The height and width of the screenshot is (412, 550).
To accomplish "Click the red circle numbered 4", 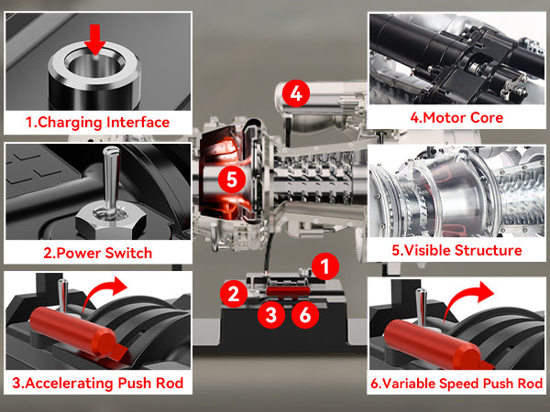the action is (x=296, y=93).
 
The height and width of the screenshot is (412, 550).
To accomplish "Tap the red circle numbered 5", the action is (x=232, y=179).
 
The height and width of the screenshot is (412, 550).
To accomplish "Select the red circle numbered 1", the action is (x=325, y=266).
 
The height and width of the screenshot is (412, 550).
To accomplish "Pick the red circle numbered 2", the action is (x=234, y=294).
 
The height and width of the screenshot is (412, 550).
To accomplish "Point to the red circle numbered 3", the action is (x=271, y=315).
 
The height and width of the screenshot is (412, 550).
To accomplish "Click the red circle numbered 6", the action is (x=305, y=315).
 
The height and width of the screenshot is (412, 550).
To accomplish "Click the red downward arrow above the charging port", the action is (x=94, y=39).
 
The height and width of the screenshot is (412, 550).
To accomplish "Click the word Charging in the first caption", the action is (x=70, y=123).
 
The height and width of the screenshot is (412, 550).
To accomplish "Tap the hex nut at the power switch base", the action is (x=111, y=220).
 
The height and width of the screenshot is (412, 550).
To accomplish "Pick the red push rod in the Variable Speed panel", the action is (x=432, y=344).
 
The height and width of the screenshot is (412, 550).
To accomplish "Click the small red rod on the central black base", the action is (x=289, y=291).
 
